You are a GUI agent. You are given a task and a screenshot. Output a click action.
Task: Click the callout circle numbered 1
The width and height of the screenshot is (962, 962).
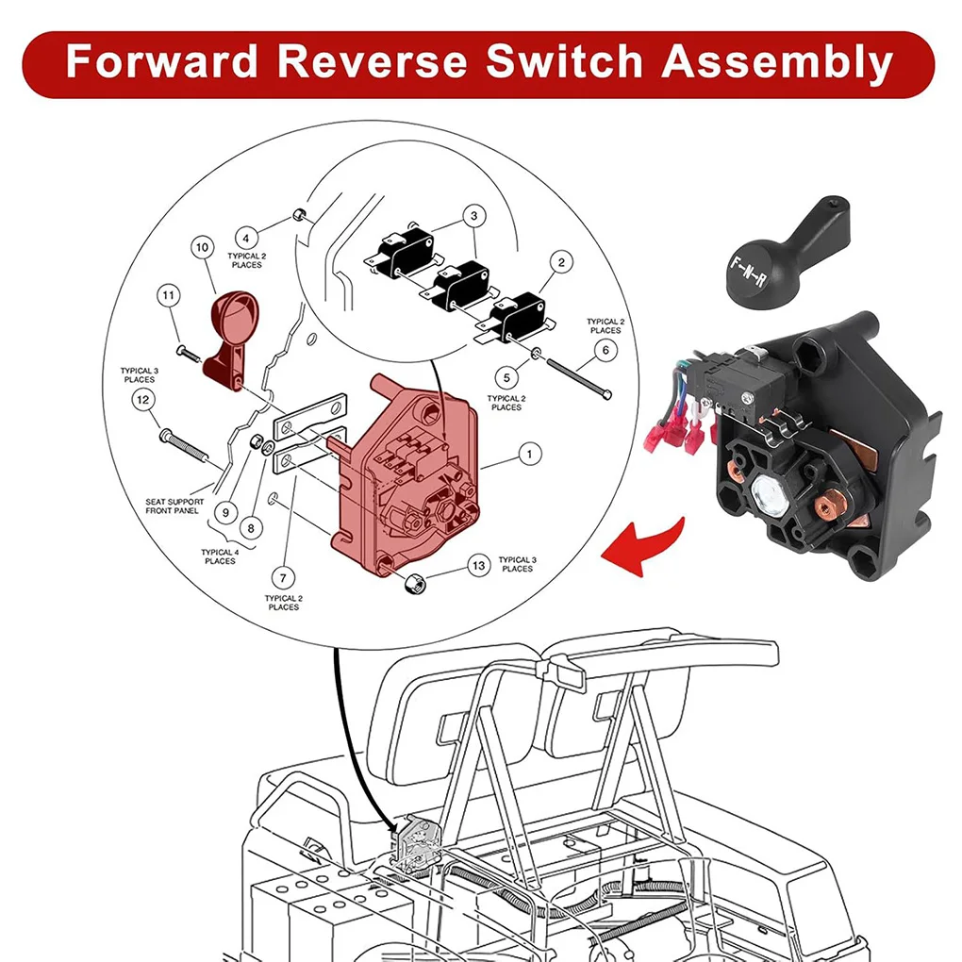(x=529, y=455)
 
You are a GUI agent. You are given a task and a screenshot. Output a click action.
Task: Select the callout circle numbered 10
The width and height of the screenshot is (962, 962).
(x=202, y=248)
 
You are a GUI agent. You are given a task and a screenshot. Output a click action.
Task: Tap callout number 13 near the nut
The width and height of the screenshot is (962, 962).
(x=479, y=565)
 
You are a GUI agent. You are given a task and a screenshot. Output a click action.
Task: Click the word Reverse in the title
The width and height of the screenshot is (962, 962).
(x=372, y=62)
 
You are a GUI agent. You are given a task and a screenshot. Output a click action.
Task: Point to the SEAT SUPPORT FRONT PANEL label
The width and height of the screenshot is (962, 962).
(x=174, y=506)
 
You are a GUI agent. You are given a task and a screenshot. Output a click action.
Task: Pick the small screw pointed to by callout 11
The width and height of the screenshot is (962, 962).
(x=185, y=353)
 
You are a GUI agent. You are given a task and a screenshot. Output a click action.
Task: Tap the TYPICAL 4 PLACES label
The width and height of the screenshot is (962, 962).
(x=220, y=556)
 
